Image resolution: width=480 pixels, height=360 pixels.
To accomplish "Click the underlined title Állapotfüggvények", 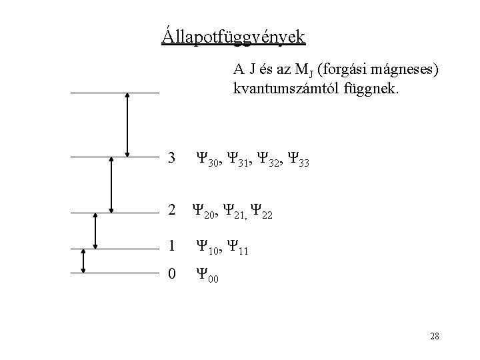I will click(x=233, y=34).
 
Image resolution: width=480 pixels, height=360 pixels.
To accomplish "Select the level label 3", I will click(x=172, y=159).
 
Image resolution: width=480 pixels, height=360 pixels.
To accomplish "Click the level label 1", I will click(x=172, y=247).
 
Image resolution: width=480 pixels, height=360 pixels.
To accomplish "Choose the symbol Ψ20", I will click(x=203, y=213).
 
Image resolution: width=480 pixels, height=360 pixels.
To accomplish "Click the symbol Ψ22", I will click(x=262, y=213).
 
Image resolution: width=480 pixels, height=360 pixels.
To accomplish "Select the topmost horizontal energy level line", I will click(x=115, y=92).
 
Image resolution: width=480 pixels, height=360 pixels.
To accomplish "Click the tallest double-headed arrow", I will click(x=127, y=125).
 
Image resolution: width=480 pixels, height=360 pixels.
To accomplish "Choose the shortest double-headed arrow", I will click(x=83, y=261).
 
